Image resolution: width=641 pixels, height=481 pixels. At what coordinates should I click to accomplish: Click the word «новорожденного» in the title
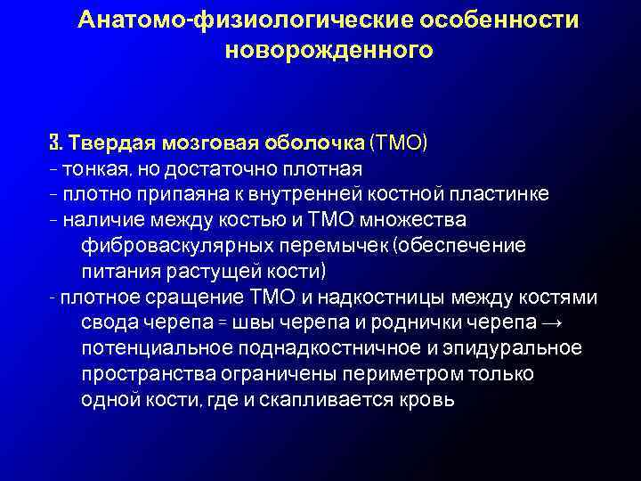click(x=329, y=51)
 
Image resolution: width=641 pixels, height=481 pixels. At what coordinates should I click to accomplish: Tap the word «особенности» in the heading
click(x=490, y=20)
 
